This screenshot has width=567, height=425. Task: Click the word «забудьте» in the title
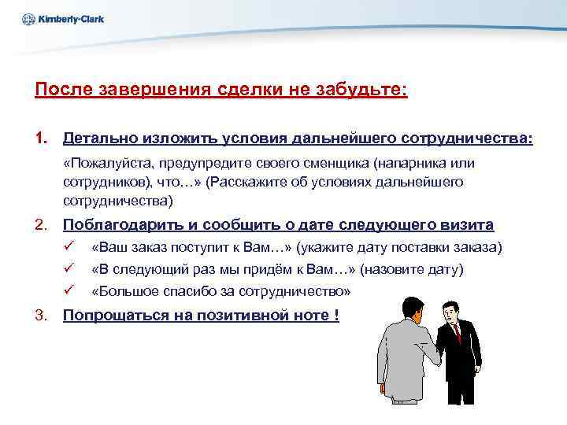367,89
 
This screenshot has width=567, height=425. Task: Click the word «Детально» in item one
100,139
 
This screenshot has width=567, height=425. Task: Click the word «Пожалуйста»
109,163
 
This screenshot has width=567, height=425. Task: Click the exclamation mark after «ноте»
336,316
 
